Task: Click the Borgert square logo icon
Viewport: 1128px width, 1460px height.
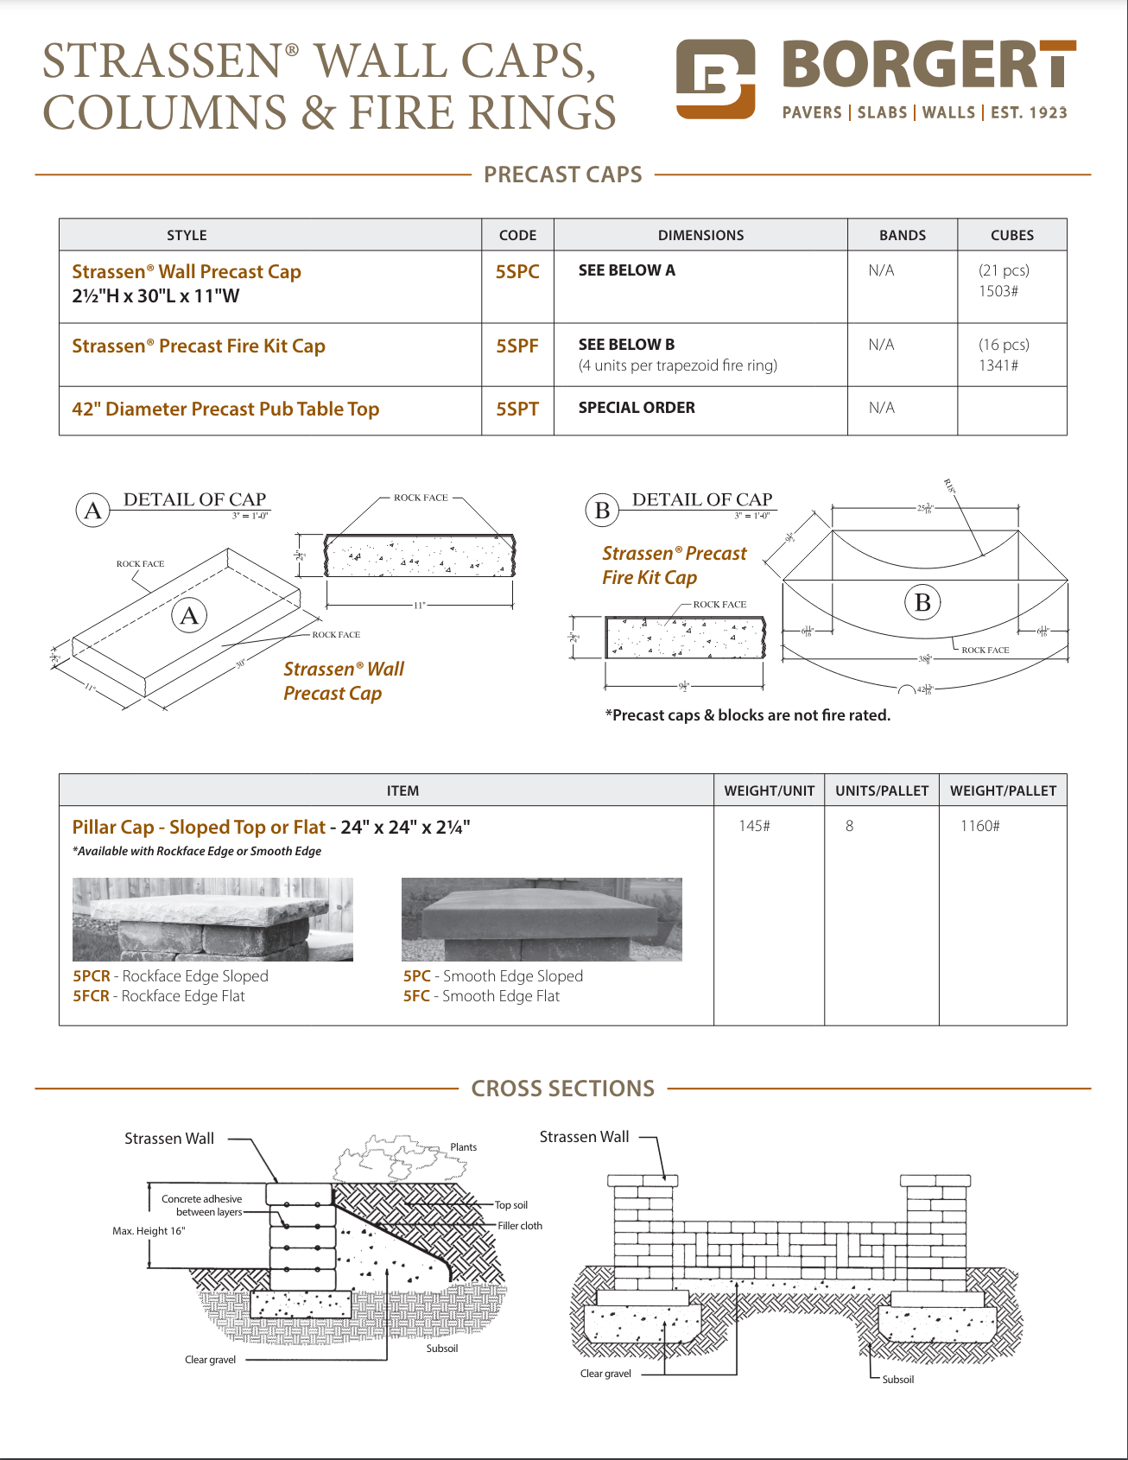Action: (715, 79)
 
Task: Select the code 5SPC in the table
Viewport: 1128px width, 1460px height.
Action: (517, 272)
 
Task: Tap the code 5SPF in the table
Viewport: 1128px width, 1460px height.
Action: (517, 346)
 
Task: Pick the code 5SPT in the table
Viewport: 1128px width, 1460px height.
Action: (517, 409)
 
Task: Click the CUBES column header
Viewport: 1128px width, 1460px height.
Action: (1011, 235)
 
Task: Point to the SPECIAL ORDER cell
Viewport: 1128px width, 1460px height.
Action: (637, 408)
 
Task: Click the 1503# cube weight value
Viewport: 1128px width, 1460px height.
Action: (998, 291)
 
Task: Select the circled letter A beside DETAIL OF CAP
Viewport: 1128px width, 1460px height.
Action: (93, 511)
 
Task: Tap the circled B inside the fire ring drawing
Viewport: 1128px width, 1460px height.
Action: (922, 602)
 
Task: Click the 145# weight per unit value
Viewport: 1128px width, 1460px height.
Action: (754, 826)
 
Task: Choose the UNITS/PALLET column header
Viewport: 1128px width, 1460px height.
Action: (882, 790)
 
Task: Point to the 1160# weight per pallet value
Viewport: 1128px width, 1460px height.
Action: (980, 826)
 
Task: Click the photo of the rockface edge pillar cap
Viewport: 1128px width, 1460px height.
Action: (212, 919)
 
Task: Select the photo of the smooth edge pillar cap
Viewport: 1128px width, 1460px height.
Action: (542, 919)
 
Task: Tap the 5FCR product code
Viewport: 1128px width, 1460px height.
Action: (91, 996)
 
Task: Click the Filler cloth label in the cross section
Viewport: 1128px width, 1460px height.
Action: (520, 1226)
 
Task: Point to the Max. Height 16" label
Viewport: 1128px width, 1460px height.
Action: (149, 1231)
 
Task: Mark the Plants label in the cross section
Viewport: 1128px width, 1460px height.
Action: (463, 1147)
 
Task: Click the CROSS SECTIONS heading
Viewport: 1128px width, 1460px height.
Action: (563, 1089)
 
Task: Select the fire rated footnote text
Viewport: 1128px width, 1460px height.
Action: (748, 715)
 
